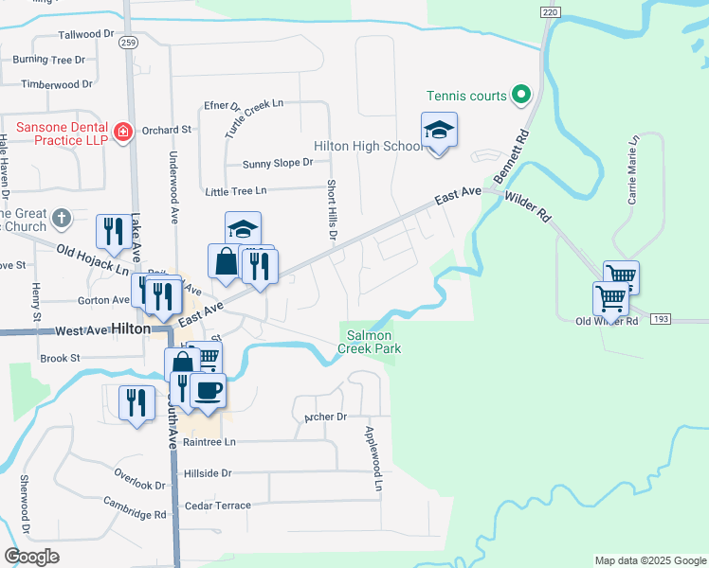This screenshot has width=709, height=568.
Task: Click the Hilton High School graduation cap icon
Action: tap(439, 129)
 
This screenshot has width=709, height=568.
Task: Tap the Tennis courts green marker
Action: tap(519, 95)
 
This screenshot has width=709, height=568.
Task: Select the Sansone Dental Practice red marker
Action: tap(121, 133)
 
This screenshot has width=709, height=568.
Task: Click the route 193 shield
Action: tap(662, 319)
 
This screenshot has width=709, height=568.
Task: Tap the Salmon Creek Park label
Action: tap(373, 342)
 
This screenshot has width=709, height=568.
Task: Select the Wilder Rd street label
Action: tap(528, 206)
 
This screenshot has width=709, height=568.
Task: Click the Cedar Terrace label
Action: tap(218, 506)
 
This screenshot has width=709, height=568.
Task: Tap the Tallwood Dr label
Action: tap(86, 34)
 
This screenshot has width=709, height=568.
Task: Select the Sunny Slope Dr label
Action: tap(277, 163)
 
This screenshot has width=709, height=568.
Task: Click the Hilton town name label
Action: tap(130, 328)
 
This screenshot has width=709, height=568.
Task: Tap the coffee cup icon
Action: tap(208, 389)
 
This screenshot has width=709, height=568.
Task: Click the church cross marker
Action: tap(62, 218)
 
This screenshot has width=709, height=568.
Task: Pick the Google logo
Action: tap(30, 557)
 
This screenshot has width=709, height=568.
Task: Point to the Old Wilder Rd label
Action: tap(607, 322)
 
